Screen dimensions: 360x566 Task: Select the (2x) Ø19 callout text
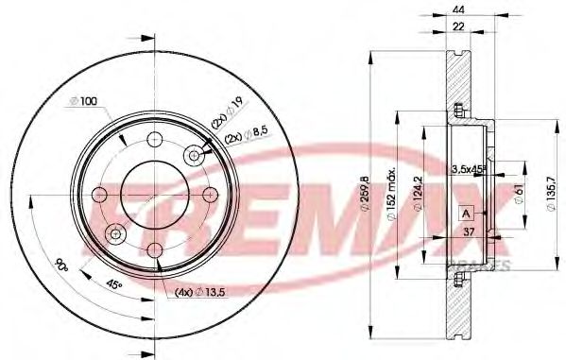click(x=230, y=120)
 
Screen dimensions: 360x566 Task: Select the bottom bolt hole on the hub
click(x=154, y=249)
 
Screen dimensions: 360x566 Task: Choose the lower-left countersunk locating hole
click(x=115, y=233)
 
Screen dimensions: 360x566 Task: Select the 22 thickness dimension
click(x=459, y=29)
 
